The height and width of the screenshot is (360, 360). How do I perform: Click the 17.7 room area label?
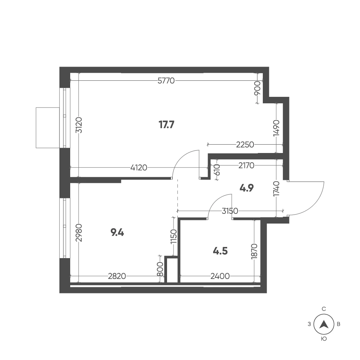click(166, 125)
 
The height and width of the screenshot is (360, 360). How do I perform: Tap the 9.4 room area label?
click(117, 233)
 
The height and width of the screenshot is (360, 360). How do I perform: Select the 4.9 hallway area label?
click(246, 188)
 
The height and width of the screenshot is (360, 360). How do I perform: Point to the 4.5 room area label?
click(220, 251)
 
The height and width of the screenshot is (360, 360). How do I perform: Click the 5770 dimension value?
click(166, 81)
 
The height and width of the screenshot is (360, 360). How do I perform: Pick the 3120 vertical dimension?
click(79, 125)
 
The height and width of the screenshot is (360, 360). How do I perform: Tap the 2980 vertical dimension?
click(79, 233)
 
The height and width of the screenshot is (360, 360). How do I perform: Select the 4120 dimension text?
click(139, 168)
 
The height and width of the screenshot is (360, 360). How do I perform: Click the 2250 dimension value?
click(245, 145)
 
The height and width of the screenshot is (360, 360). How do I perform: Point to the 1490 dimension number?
click(276, 128)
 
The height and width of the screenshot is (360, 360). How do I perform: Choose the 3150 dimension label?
click(230, 211)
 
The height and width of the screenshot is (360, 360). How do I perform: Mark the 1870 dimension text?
click(255, 252)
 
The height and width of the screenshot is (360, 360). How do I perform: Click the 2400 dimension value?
click(220, 276)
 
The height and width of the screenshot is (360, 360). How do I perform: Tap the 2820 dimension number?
click(117, 276)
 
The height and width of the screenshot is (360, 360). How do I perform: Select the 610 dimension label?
click(217, 170)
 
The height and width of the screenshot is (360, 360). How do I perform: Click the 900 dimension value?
click(258, 88)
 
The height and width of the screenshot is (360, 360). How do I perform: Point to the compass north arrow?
click(324, 324)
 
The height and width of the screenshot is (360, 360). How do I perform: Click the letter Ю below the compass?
click(324, 339)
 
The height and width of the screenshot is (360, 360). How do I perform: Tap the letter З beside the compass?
click(309, 324)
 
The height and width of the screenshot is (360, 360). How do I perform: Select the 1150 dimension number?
click(174, 237)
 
